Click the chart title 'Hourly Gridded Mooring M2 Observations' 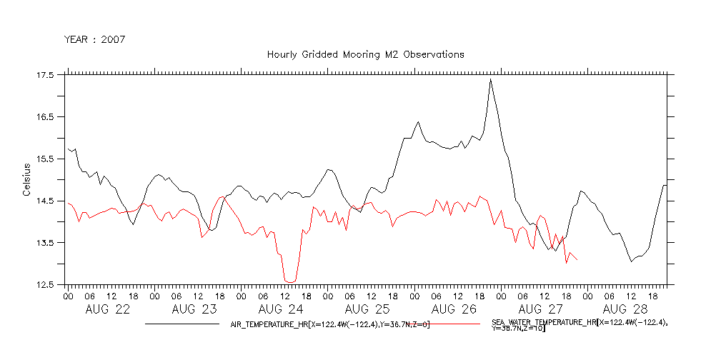(365, 54)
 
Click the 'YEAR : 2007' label (95, 39)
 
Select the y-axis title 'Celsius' (26, 179)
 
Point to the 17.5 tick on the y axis (44, 75)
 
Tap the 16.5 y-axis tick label (44, 117)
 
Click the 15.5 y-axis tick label (44, 159)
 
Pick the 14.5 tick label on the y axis (44, 201)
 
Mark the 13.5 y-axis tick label (44, 243)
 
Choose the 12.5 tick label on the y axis (44, 285)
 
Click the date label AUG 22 (108, 310)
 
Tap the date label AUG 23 (194, 310)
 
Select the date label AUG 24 (281, 310)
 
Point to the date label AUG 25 (367, 310)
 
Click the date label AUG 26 (454, 310)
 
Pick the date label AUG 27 (540, 310)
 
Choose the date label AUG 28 (627, 310)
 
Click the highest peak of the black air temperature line (490, 79)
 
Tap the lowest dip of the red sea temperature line (289, 281)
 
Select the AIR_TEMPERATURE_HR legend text (329, 324)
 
